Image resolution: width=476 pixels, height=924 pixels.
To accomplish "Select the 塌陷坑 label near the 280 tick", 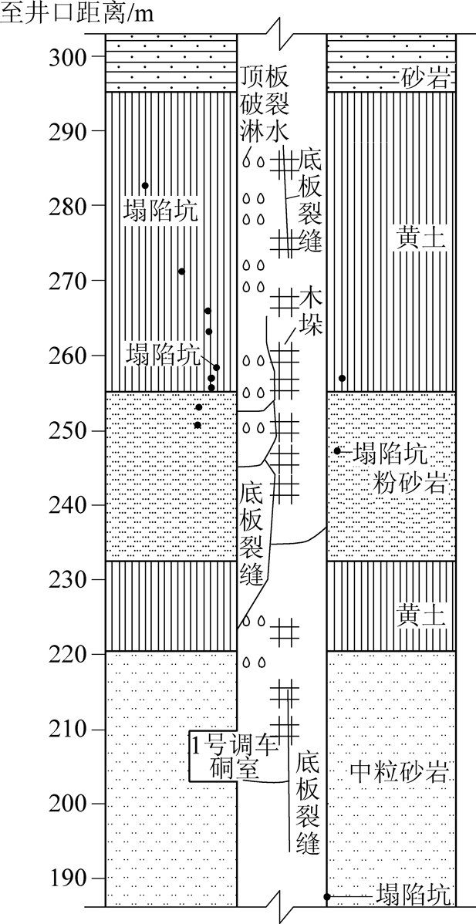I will pyautogui.click(x=160, y=211).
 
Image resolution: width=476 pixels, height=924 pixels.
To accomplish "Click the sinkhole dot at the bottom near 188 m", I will pyautogui.click(x=326, y=897).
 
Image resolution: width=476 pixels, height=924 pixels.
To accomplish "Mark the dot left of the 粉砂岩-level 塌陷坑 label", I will pyautogui.click(x=337, y=450).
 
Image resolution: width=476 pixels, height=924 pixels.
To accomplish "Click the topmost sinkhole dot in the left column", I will pyautogui.click(x=145, y=185).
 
